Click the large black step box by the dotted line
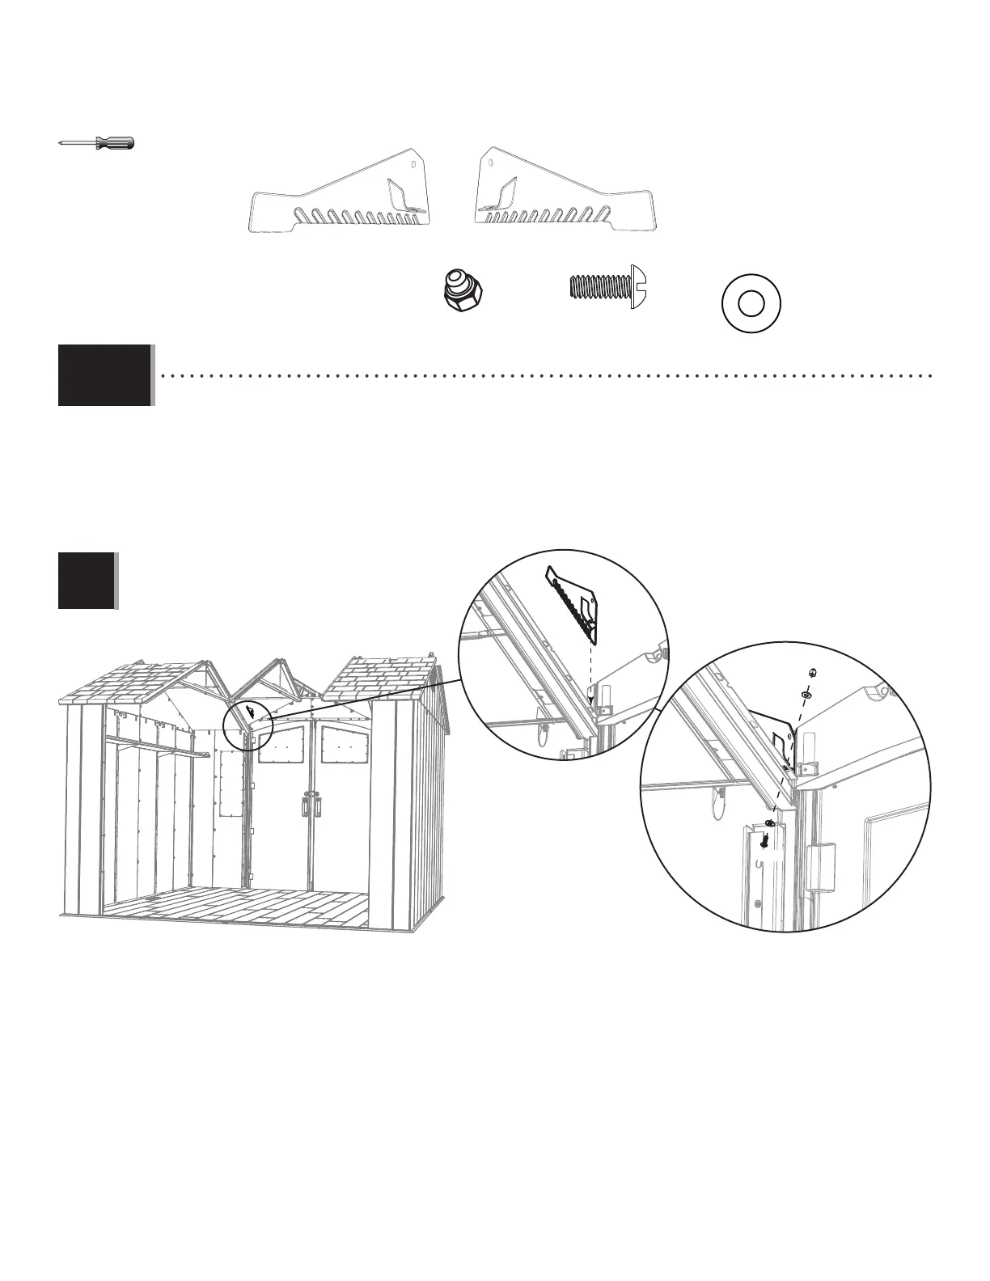[x=105, y=374]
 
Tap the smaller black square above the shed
[x=87, y=580]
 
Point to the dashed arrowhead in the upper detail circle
[x=590, y=694]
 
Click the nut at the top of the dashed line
[x=811, y=672]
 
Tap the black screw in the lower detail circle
[x=764, y=841]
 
